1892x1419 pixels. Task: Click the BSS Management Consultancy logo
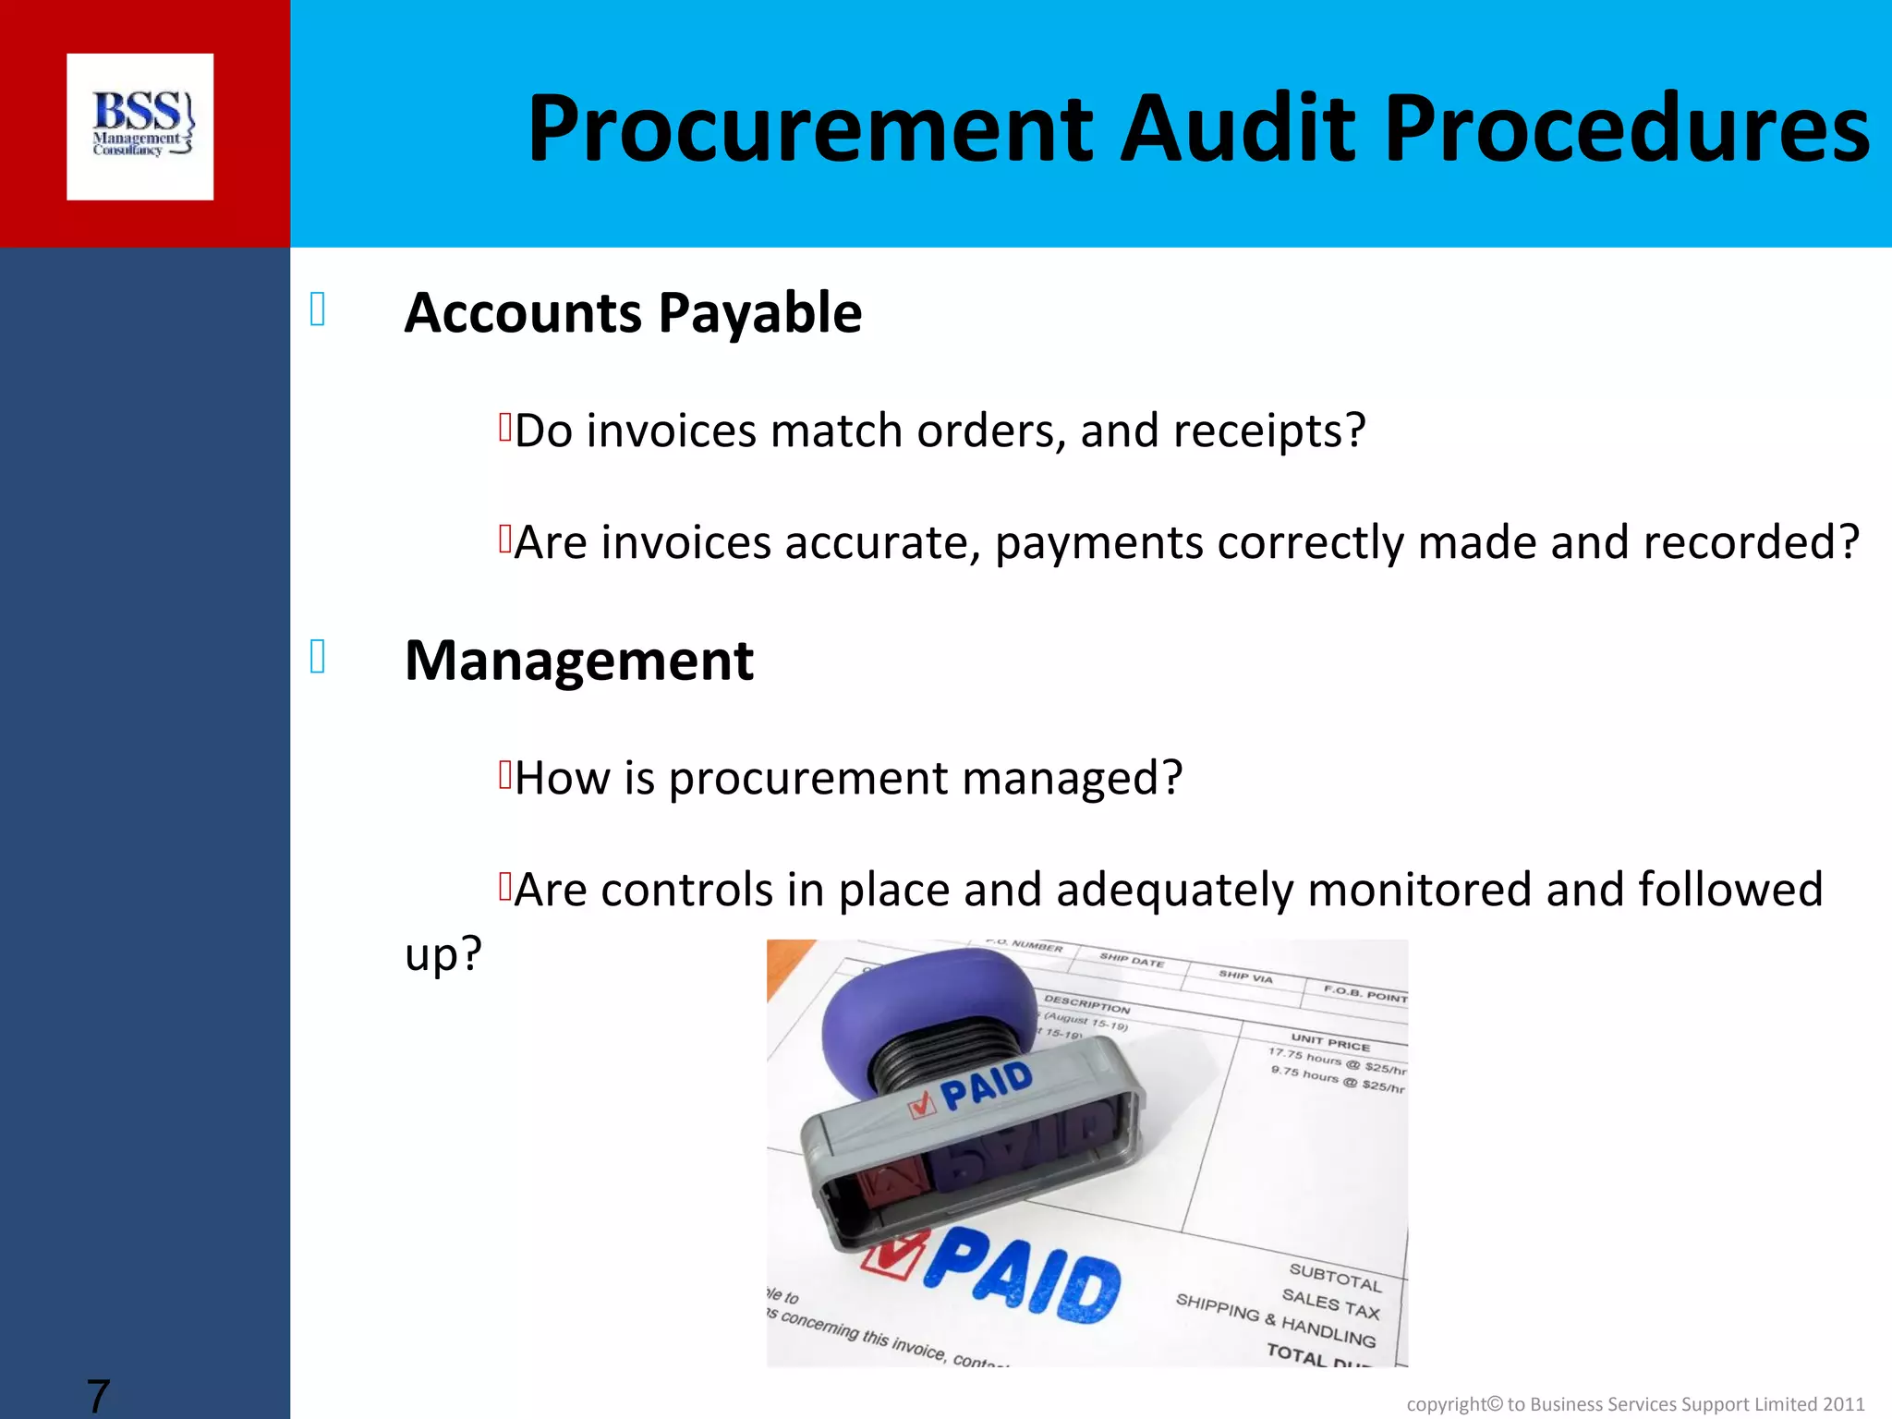coord(140,127)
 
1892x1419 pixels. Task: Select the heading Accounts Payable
coord(633,312)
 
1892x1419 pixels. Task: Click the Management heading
coord(579,661)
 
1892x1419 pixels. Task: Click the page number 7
coord(98,1395)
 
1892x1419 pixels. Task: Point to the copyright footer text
coord(1635,1404)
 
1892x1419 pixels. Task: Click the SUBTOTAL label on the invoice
coord(1335,1278)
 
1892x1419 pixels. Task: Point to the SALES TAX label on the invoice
coord(1330,1304)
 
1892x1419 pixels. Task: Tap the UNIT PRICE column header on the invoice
coord(1330,1042)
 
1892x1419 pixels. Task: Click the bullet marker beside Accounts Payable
coord(318,309)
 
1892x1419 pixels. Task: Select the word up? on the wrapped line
coord(443,953)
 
